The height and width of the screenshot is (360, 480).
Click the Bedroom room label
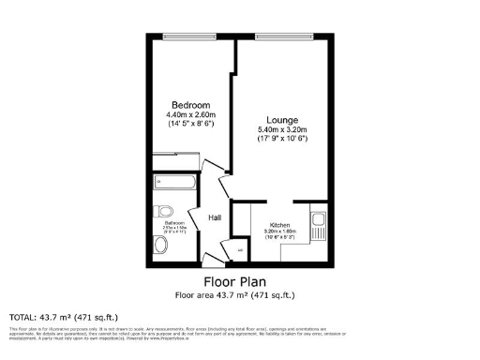(x=189, y=104)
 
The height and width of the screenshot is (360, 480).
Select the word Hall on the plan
(x=215, y=217)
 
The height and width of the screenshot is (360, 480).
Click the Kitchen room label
(x=279, y=226)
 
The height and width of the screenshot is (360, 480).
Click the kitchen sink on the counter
(x=318, y=225)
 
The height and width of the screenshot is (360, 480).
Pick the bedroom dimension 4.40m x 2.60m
(x=189, y=113)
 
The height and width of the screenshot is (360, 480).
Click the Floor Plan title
(x=235, y=281)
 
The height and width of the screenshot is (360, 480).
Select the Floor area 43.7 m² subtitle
(x=235, y=294)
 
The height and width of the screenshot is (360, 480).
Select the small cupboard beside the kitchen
(x=239, y=250)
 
